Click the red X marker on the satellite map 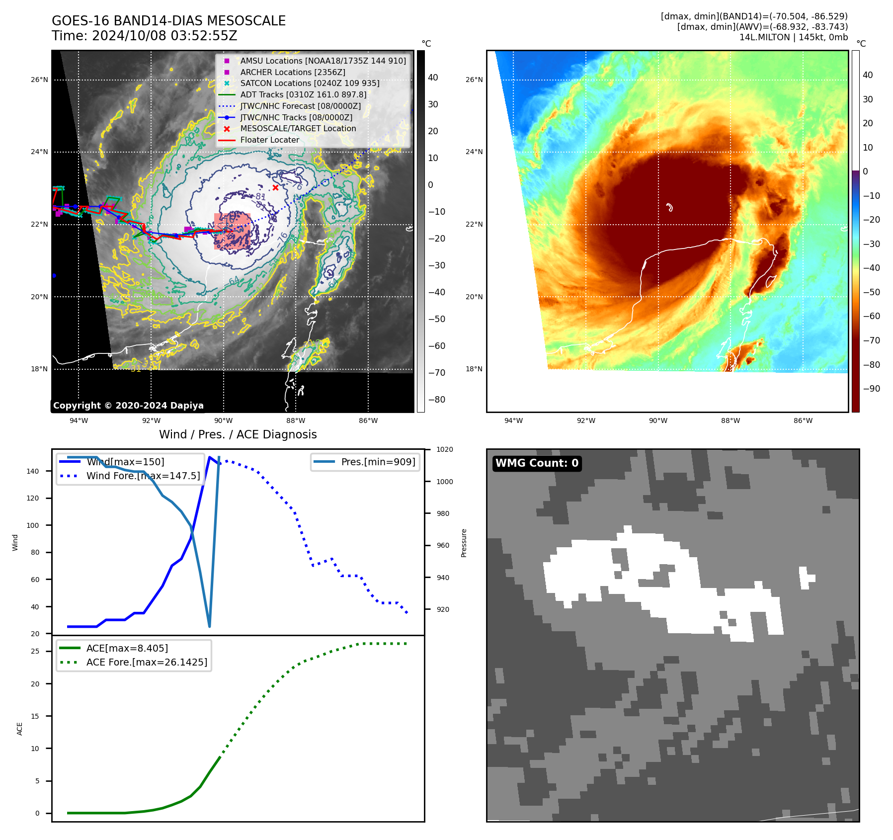coord(275,187)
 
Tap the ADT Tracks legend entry coord(303,94)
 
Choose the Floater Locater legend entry coord(269,140)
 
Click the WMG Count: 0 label coord(537,463)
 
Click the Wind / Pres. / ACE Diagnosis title coord(238,434)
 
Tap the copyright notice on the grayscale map coord(128,406)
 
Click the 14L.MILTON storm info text coord(793,37)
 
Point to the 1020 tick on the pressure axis coord(444,450)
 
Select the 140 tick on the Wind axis coord(33,471)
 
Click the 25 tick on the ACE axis coord(35,651)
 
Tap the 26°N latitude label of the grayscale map coord(39,80)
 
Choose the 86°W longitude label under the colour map coord(803,420)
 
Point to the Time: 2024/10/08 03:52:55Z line coord(144,36)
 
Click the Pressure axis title coord(464,543)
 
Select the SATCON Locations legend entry coord(310,83)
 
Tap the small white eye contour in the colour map coord(669,207)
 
